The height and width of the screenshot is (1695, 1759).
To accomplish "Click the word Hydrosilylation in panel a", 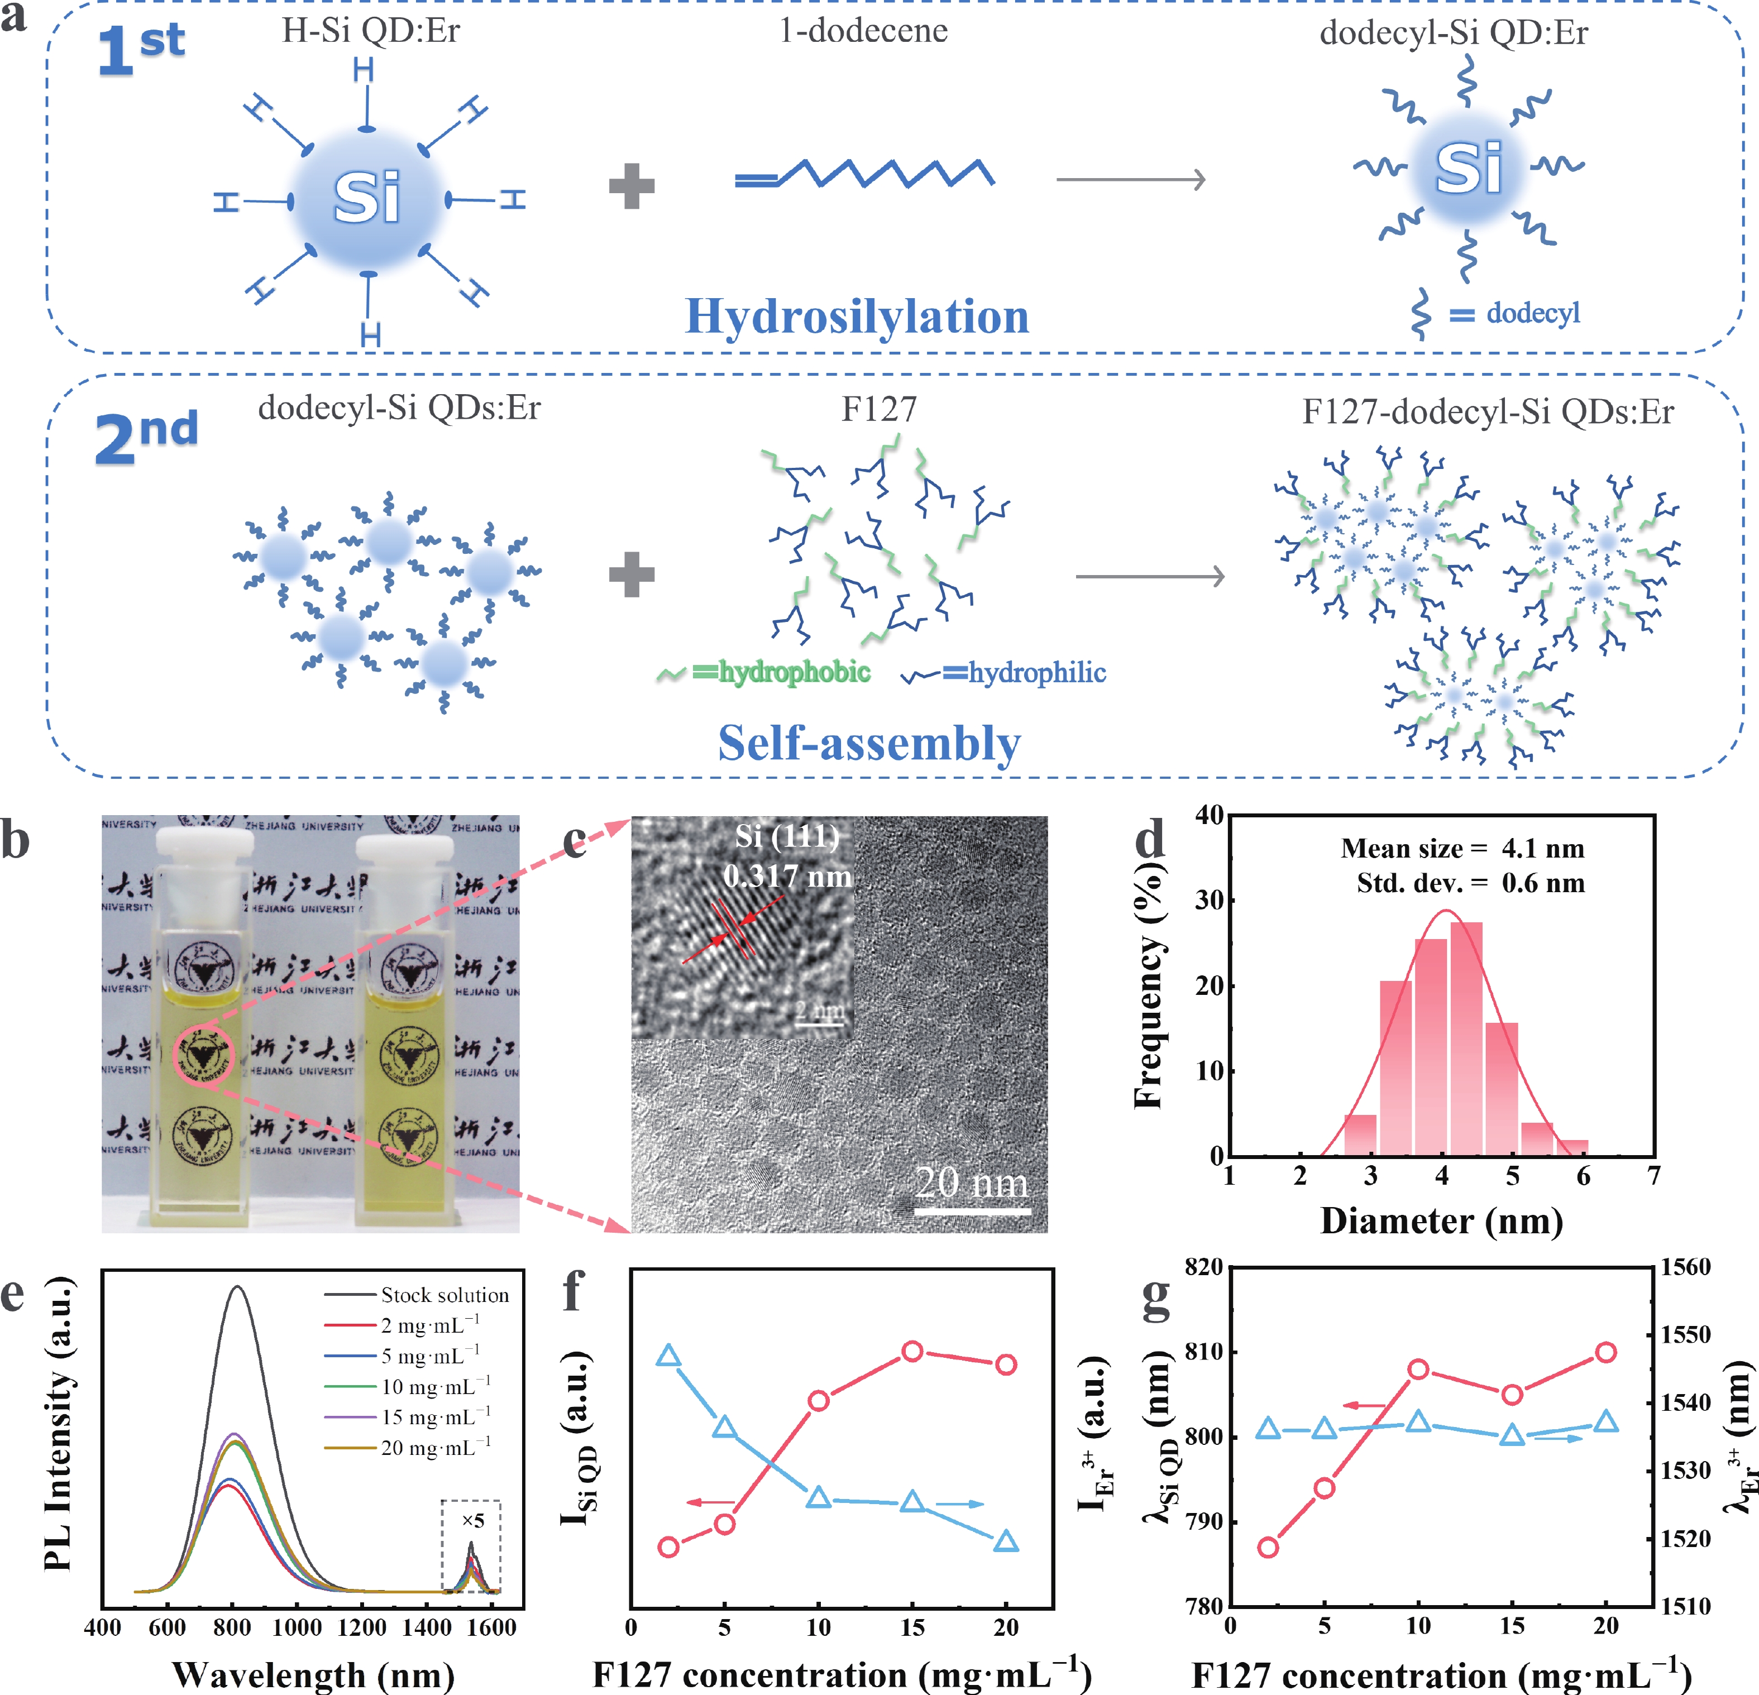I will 857,316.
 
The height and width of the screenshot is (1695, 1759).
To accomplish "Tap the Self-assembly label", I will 869,743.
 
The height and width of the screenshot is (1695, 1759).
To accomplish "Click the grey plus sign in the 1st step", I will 632,186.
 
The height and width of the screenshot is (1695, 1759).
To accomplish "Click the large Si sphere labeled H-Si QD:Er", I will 367,198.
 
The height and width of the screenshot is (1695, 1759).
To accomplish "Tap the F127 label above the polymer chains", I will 878,409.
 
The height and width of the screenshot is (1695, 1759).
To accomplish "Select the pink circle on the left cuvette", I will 204,1054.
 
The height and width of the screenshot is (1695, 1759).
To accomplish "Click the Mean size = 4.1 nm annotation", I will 1462,848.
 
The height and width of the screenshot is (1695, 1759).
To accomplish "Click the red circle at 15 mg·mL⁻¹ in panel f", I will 912,1351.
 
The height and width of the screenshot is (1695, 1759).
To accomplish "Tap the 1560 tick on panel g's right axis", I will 1685,1267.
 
